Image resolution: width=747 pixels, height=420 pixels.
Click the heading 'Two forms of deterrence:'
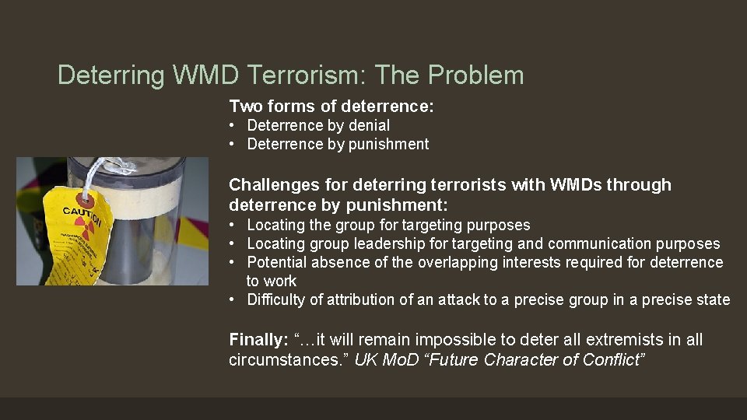pyautogui.click(x=331, y=107)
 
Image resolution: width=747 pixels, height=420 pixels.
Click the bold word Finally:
pyautogui.click(x=258, y=340)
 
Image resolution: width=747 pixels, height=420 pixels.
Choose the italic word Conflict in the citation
pyautogui.click(x=617, y=360)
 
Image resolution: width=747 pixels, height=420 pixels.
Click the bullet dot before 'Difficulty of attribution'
pyautogui.click(x=233, y=299)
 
